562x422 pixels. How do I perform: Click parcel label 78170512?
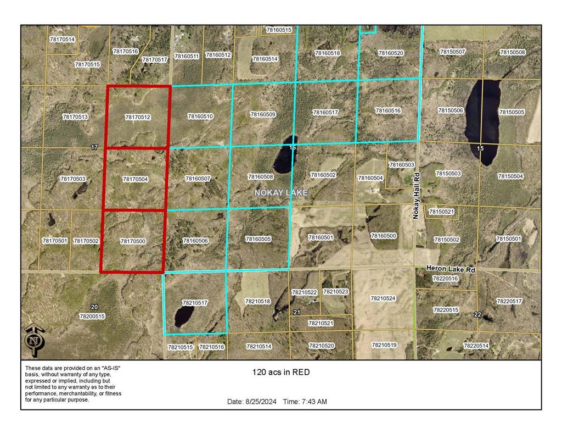click(137, 117)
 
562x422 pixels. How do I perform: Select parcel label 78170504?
click(135, 179)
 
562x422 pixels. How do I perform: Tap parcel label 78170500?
click(133, 241)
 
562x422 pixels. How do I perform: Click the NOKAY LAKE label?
click(281, 193)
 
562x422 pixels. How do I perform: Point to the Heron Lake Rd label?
click(450, 270)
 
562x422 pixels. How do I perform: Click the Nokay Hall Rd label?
click(416, 196)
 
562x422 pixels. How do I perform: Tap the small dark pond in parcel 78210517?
click(184, 316)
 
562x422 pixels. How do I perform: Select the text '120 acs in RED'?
click(281, 372)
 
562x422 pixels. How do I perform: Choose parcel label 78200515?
click(92, 316)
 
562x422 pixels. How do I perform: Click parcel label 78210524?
click(383, 298)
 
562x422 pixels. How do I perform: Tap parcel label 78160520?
click(391, 53)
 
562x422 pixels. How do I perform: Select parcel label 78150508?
click(512, 52)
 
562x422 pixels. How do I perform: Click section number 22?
click(477, 314)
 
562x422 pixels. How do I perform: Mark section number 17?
click(94, 147)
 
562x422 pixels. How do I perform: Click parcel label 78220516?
click(445, 279)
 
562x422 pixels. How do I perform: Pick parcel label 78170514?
click(62, 40)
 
